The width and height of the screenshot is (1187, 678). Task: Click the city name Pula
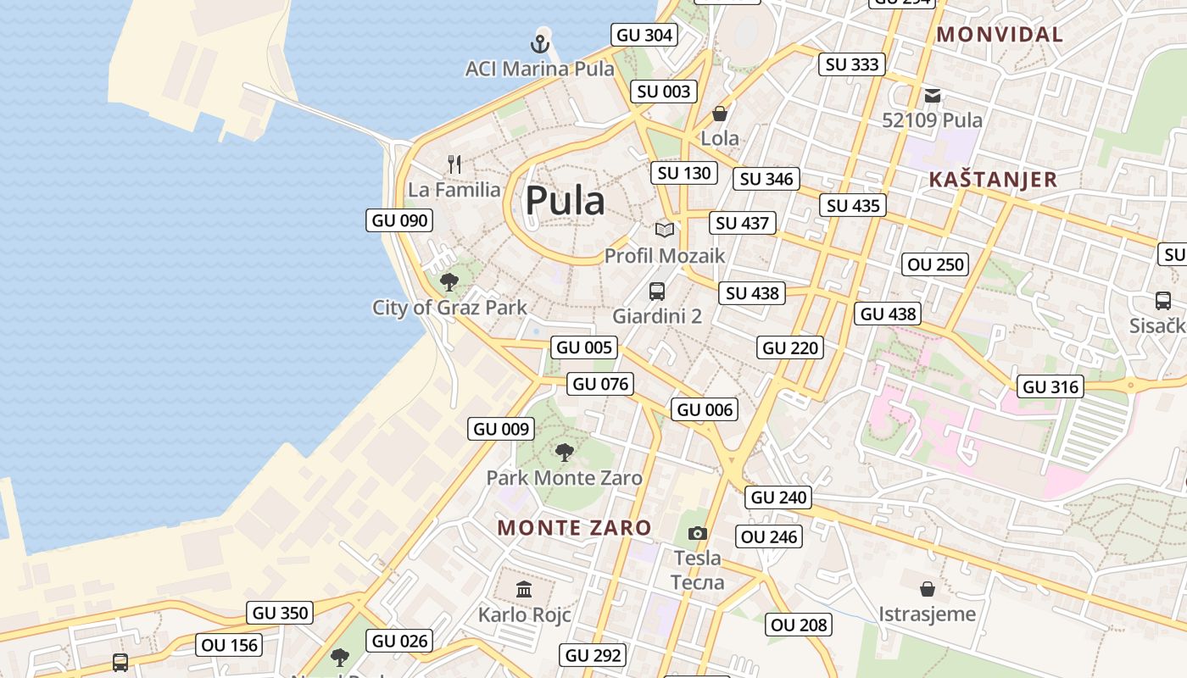click(565, 201)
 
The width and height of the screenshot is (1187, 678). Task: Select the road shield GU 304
click(644, 35)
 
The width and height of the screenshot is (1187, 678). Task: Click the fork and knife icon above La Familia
click(455, 164)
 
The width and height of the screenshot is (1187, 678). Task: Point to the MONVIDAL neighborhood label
click(1000, 35)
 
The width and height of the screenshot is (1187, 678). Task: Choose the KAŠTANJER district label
click(993, 180)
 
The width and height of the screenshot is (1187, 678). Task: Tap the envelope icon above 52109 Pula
click(933, 96)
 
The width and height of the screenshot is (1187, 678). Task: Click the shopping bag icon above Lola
click(720, 114)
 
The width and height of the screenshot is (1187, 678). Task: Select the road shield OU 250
click(936, 264)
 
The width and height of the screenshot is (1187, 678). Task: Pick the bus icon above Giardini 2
click(657, 292)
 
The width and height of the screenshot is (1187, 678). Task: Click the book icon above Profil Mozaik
click(665, 230)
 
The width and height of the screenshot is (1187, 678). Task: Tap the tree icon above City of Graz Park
click(449, 282)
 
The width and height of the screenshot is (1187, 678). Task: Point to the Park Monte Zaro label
click(564, 478)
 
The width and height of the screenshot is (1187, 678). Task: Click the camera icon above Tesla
click(698, 533)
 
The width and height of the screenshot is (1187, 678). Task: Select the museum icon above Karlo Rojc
click(524, 589)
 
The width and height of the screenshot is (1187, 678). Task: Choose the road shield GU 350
click(281, 613)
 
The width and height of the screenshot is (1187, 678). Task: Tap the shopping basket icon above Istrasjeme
click(928, 588)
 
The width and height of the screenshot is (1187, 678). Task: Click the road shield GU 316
click(1051, 386)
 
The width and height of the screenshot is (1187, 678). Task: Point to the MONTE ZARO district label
click(574, 528)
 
